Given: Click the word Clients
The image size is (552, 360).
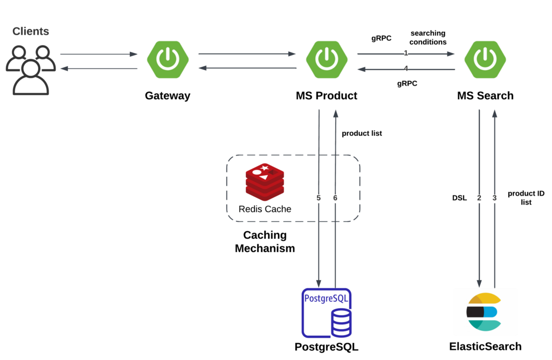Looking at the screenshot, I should click(x=31, y=32).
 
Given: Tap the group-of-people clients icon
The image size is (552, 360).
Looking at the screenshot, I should click(x=31, y=70).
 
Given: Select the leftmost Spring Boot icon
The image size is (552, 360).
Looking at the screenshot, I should click(x=168, y=59).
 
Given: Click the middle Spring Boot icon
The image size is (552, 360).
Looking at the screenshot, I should click(x=327, y=59).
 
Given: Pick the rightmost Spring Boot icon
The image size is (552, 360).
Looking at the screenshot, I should click(x=485, y=59).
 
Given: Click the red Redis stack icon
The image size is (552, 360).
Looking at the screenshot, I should click(x=265, y=182).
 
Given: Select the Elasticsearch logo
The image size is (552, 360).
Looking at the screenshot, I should click(x=485, y=311).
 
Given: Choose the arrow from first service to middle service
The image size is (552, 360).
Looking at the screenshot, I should click(x=247, y=54).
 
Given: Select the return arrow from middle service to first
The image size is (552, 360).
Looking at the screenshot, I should click(x=247, y=68).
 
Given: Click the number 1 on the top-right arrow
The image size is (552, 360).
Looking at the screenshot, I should click(x=406, y=53).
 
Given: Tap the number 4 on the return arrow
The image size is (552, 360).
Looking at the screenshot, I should click(x=406, y=68).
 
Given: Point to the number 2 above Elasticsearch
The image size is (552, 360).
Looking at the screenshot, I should click(x=479, y=198).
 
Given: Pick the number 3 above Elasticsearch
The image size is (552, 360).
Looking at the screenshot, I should click(x=494, y=198).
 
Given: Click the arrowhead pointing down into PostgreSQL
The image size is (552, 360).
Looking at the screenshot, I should click(x=319, y=283).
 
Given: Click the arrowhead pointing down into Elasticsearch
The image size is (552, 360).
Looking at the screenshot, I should click(x=479, y=283).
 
